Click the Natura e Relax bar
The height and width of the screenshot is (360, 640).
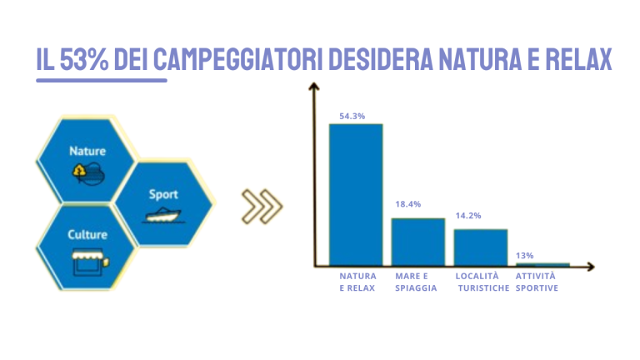(356, 195)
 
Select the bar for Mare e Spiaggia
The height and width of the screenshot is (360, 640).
(418, 242)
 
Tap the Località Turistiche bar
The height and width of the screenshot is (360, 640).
(481, 247)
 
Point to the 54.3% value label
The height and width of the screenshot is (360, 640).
(352, 117)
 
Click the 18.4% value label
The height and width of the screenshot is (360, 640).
(407, 204)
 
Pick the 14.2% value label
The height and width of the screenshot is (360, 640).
(468, 216)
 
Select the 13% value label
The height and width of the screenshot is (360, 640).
(524, 256)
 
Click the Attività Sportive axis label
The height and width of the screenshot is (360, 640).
(537, 282)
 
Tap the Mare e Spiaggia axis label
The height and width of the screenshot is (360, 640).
(416, 282)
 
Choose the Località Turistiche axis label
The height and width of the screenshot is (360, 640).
(482, 282)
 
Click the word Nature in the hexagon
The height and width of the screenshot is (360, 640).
(87, 152)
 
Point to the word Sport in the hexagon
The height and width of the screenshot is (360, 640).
(163, 195)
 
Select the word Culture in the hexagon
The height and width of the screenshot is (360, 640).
(87, 235)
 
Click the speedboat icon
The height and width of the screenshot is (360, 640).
(162, 215)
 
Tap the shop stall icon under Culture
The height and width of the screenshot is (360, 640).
(90, 262)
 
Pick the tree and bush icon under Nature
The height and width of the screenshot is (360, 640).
(88, 174)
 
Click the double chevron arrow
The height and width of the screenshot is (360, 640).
(262, 206)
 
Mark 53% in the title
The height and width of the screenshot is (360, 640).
(84, 60)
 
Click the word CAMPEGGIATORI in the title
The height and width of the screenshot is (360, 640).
(238, 60)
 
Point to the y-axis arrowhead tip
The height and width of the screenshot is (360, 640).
(313, 83)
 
